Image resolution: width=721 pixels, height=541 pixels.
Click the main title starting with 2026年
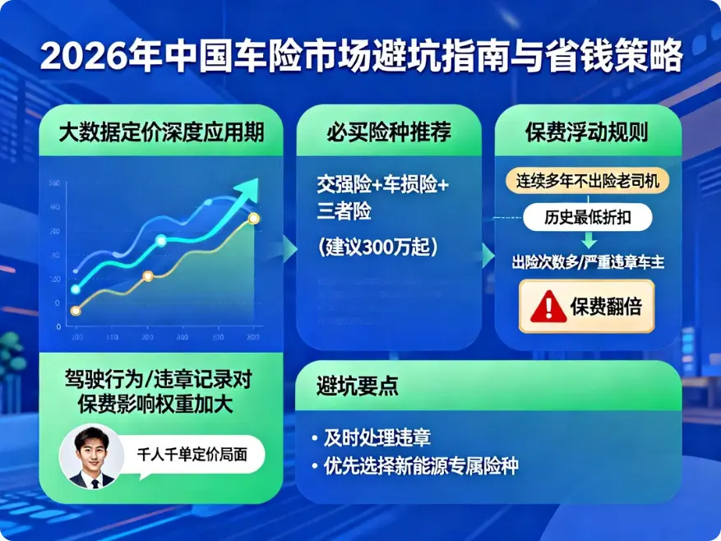361,56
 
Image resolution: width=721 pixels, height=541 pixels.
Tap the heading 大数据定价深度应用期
161,132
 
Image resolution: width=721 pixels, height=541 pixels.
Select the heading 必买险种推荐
389,132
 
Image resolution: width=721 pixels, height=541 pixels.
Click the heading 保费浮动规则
586,132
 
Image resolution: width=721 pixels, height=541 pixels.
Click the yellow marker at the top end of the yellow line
253,218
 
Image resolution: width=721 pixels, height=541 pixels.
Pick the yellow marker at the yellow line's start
76,311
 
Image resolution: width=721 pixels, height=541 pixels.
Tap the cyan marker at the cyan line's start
76,289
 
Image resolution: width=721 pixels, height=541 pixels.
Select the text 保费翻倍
605,307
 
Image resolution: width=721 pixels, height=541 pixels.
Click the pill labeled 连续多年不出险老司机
587,180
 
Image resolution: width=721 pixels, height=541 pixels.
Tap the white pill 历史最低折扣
587,218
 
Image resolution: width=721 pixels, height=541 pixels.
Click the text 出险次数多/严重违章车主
587,262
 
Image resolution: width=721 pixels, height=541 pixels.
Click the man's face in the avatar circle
90,451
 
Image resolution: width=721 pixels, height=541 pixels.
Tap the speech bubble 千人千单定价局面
190,451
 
